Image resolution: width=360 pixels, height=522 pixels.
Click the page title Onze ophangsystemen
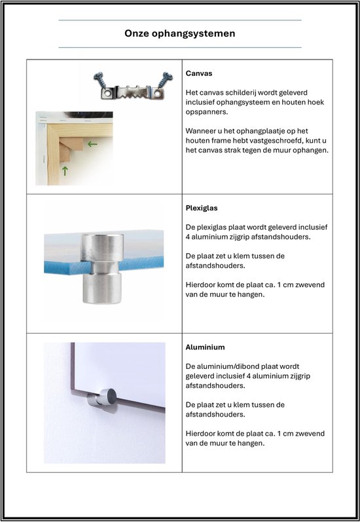180,33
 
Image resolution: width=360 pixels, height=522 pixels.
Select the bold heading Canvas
199,73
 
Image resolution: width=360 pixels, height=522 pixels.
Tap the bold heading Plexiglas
202,208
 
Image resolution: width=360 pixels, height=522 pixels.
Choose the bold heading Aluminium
205,347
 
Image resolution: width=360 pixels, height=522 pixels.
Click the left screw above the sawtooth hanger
99,80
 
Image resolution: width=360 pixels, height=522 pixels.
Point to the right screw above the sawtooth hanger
165,80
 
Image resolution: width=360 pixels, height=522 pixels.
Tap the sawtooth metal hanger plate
132,92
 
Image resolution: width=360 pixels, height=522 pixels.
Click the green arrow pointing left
92,144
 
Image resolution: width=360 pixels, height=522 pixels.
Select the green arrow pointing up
65,171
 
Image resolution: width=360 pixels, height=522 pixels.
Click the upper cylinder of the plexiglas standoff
103,247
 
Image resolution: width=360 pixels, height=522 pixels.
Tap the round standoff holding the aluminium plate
102,397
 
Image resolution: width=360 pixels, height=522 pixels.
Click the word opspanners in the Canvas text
207,112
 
